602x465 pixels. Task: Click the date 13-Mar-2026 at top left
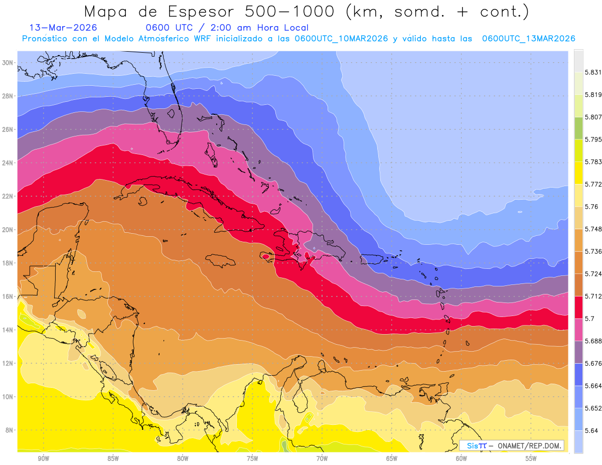63,28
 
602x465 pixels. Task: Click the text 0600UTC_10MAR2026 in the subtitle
341,39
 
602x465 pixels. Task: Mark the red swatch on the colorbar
578,306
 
